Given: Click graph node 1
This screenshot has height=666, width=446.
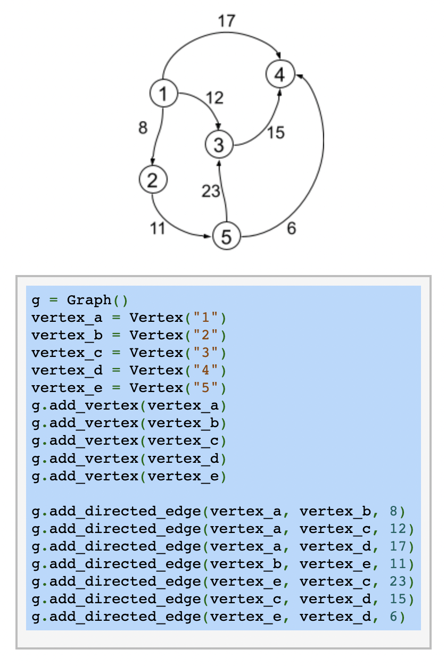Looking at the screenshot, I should click(x=163, y=94).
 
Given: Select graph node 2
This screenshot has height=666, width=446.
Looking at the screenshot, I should click(x=153, y=180).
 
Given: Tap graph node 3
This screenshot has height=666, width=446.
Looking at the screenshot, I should click(x=219, y=144).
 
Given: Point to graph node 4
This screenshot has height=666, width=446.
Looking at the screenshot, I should click(x=280, y=74).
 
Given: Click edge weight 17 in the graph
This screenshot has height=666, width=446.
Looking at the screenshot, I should click(x=226, y=21).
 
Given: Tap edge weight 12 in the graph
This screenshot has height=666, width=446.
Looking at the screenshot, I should click(x=214, y=98).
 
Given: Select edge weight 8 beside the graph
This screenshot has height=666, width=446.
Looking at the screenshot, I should click(x=143, y=128).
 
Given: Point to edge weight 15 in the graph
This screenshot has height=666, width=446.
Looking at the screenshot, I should click(x=276, y=132).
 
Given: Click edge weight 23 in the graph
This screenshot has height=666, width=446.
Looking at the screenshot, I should click(x=211, y=191).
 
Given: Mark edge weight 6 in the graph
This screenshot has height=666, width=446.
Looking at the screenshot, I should click(x=291, y=229).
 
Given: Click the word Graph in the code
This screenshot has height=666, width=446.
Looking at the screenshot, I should click(x=89, y=301).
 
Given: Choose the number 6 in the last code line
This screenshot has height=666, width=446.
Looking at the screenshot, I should click(x=393, y=617).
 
